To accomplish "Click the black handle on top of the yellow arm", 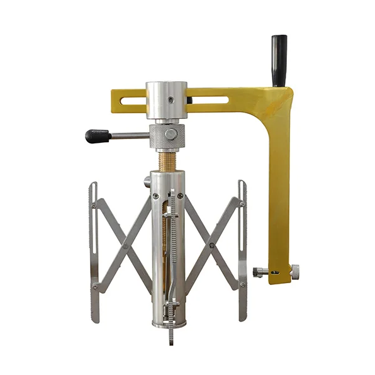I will pyautogui.click(x=279, y=60).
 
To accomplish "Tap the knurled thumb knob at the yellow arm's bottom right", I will pyautogui.click(x=294, y=272).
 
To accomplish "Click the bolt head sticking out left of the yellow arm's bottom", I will pyautogui.click(x=259, y=272).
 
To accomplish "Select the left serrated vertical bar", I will pyautogui.click(x=94, y=252).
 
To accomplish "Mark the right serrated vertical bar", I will pyautogui.click(x=243, y=252).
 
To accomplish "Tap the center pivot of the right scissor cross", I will pyautogui.click(x=211, y=245).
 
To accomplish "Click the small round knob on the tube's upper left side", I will pyautogui.click(x=147, y=181).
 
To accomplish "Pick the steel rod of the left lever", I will pyautogui.click(x=130, y=135).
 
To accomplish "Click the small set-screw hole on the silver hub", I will pyautogui.click(x=189, y=99).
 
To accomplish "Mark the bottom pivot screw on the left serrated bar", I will pyautogui.click(x=94, y=287).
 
